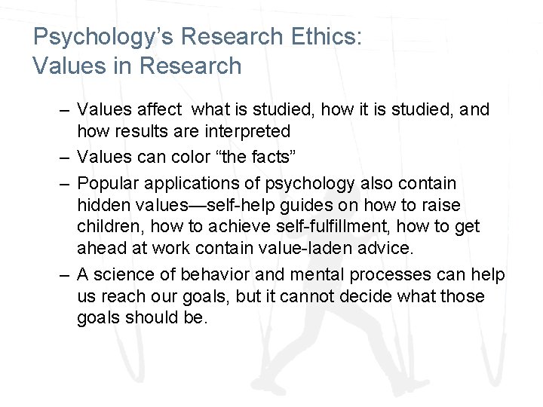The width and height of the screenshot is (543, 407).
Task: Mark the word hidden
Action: [x=103, y=204]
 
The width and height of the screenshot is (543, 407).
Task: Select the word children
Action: [x=106, y=225]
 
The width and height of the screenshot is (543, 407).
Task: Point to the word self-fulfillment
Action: [x=283, y=225]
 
